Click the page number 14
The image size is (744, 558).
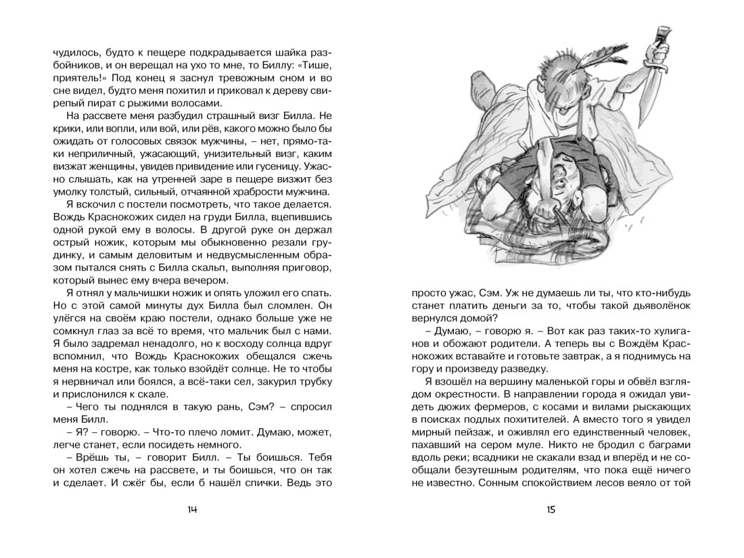pos(192,509)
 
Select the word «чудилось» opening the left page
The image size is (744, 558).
pos(74,52)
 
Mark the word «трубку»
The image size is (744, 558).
pos(315,381)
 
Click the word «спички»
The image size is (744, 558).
pos(260,484)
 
